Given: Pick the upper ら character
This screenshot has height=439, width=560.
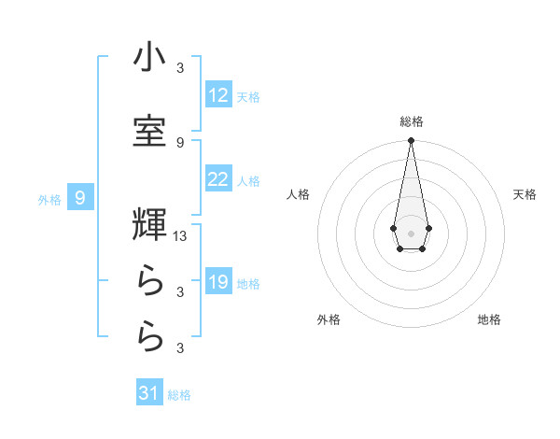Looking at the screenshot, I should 149,279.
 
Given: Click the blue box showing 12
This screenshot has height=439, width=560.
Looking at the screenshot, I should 218,95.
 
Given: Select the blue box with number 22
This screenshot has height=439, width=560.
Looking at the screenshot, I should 218,179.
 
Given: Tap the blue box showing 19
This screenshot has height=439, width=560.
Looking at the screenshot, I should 218,282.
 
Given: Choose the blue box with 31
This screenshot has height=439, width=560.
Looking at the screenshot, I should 149,393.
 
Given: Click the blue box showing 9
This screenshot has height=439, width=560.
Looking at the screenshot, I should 81,197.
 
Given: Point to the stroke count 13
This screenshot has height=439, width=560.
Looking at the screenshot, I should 180,236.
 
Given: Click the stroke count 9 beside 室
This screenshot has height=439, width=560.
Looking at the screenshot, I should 180,142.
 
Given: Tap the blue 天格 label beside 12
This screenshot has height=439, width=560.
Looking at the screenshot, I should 248,96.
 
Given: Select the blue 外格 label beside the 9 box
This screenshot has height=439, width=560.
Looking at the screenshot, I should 49,199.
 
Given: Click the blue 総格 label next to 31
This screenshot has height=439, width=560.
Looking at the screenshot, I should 179,395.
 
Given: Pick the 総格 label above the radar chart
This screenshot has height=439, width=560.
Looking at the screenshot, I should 411,121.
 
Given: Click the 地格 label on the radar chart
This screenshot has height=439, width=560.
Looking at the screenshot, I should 489,320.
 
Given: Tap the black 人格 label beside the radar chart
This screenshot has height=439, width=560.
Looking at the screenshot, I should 298,194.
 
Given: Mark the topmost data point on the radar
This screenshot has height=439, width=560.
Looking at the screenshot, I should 411,141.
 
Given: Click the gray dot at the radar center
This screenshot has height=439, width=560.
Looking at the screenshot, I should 411,232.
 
